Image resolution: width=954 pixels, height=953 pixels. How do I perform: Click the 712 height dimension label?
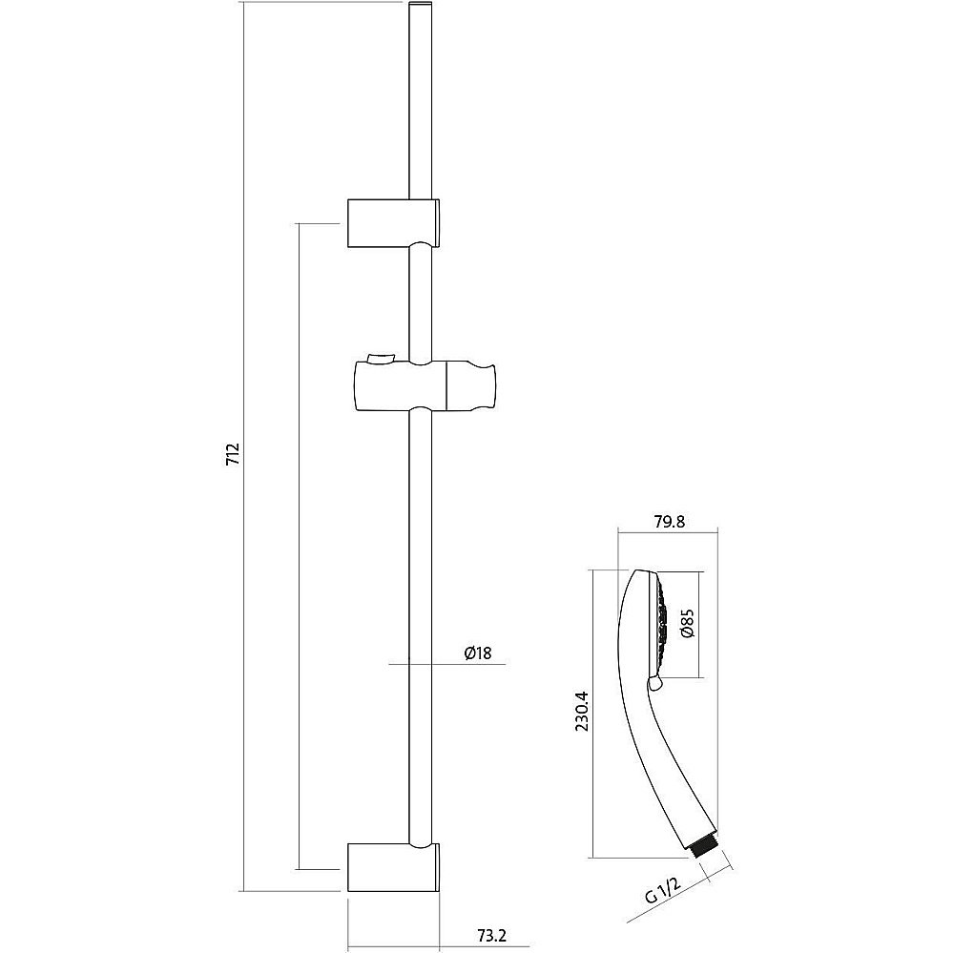point(234,454)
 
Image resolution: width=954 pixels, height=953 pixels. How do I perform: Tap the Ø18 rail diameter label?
point(478,653)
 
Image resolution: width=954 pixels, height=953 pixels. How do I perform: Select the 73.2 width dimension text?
point(493,934)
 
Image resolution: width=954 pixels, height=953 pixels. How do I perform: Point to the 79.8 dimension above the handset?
point(668,522)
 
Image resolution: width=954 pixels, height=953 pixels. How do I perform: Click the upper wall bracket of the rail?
point(394,223)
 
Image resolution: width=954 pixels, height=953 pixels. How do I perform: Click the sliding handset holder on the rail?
point(425,385)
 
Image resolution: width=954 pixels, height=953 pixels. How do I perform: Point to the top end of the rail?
point(421,4)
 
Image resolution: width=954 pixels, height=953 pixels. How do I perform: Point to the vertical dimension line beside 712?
point(242,446)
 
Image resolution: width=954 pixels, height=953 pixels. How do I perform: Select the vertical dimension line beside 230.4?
point(592,714)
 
